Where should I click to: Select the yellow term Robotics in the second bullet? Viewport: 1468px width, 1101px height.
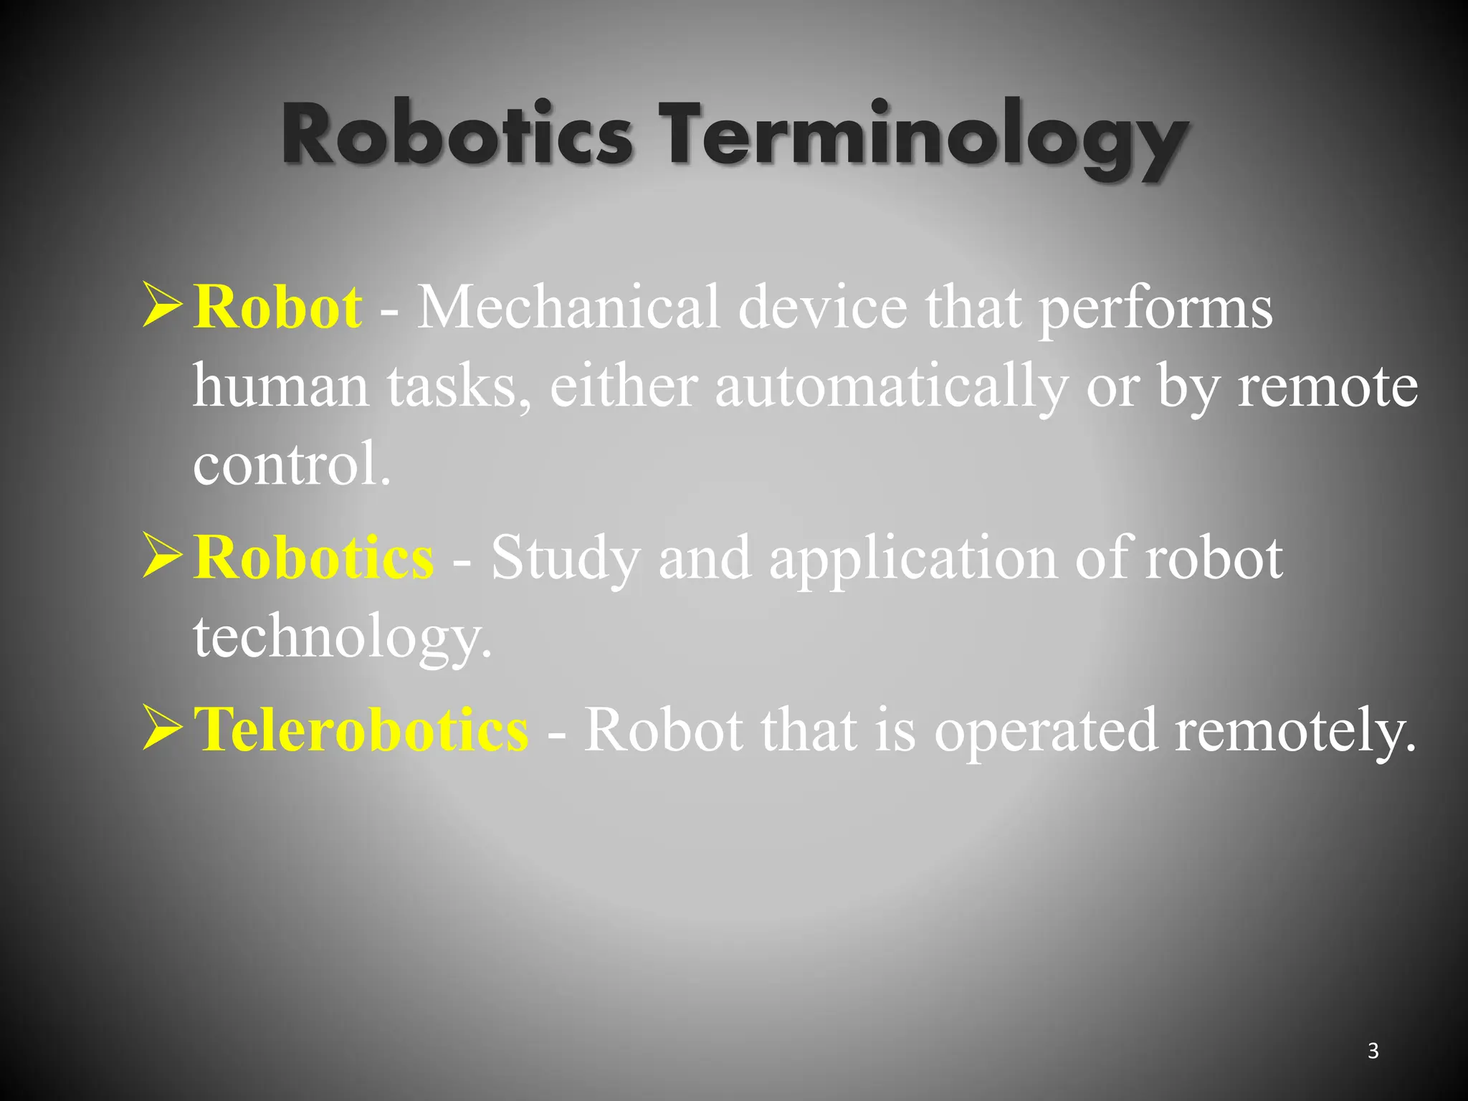tap(313, 557)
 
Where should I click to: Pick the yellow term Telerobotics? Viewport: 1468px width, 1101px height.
tap(361, 730)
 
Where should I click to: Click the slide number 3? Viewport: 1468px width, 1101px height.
tap(1373, 1051)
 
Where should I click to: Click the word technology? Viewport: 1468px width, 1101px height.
tap(343, 637)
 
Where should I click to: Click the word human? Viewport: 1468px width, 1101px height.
tap(281, 387)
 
